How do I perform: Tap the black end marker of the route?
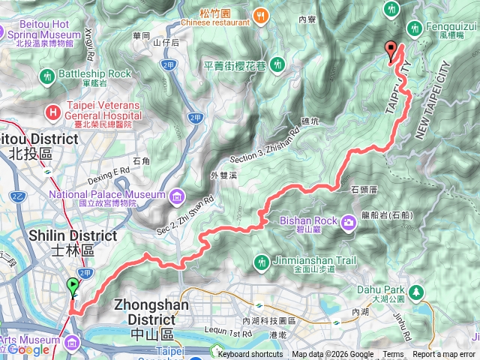coord(390,50)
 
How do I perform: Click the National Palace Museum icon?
coord(176,196)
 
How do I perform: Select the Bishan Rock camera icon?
coord(349,221)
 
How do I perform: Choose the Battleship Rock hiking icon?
coord(48,76)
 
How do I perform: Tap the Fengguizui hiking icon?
coord(414,28)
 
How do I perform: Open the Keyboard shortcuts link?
coord(250,355)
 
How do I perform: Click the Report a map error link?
coord(443,355)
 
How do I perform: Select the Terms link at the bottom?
coord(392,355)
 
